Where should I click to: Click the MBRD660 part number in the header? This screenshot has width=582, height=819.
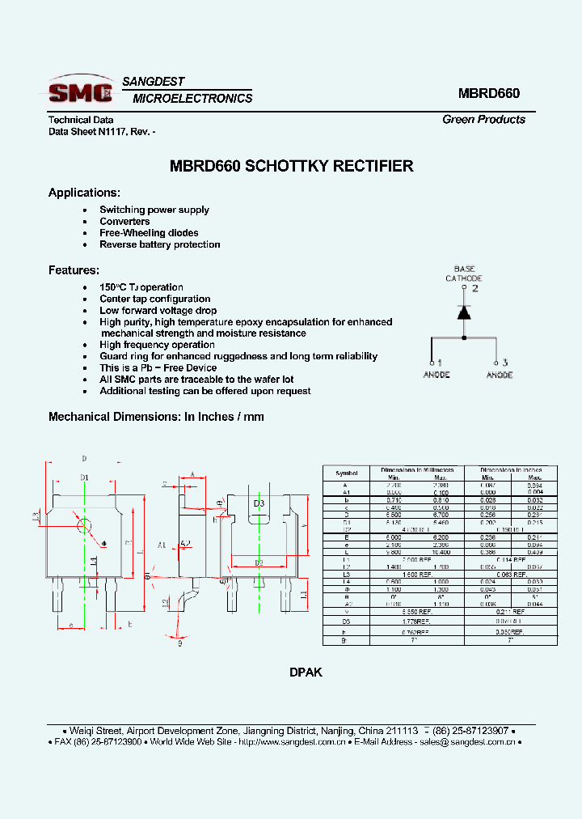coord(488,93)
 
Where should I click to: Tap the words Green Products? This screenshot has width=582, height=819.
coord(483,120)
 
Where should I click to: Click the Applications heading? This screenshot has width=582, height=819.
coord(84,193)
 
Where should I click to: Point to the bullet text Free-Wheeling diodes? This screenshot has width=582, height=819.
coord(149,233)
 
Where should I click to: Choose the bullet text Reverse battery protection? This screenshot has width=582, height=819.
coord(159,244)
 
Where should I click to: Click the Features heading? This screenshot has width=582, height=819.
coord(74,270)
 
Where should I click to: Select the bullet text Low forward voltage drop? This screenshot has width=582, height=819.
coord(158,311)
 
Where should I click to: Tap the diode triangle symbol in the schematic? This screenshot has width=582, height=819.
coord(464,312)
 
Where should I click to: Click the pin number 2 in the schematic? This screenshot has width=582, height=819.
coord(475,287)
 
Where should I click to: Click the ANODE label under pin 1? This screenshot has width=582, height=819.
coord(436,375)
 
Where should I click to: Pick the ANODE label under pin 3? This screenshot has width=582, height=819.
coord(499,375)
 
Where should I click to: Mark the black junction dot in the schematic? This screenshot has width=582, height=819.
coord(464,337)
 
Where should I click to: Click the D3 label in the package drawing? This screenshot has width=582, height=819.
coord(259,503)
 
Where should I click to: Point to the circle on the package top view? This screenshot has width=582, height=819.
coord(83,525)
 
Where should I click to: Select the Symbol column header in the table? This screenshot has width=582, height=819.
coord(346,472)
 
